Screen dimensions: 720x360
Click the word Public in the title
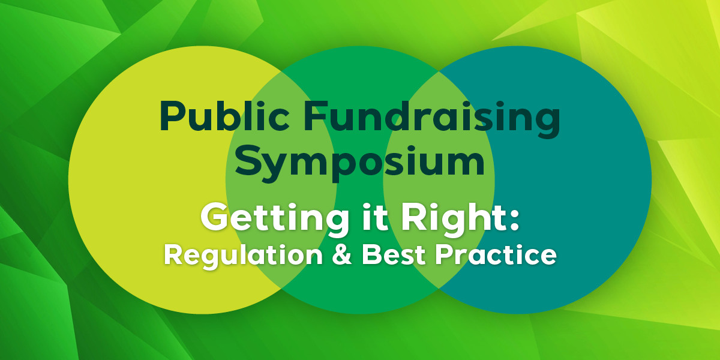click(x=224, y=116)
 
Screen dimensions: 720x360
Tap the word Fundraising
click(x=431, y=119)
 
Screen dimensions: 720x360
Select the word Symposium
click(x=360, y=164)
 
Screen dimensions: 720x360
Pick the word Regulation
click(x=243, y=256)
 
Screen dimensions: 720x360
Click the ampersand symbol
click(x=342, y=254)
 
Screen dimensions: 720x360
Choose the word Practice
click(x=496, y=254)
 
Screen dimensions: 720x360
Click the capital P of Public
click(x=172, y=116)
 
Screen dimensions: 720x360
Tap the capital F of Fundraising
click(x=316, y=116)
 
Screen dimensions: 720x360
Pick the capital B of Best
click(x=371, y=254)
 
